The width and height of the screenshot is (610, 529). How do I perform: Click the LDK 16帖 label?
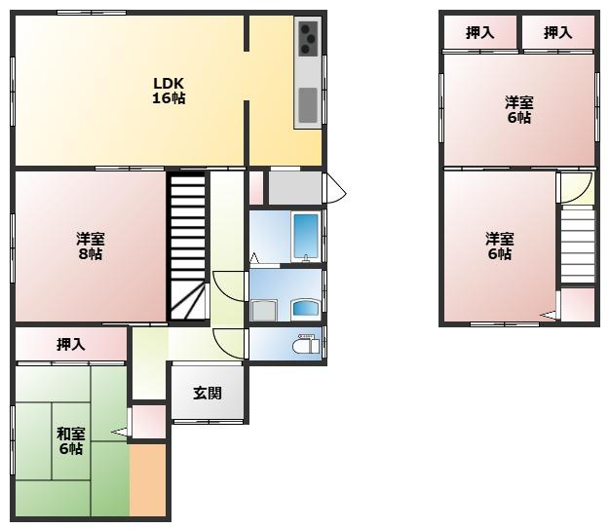point(169,91)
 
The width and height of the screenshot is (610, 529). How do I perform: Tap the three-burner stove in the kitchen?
point(308,38)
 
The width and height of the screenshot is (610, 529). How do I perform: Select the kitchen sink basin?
point(308,105)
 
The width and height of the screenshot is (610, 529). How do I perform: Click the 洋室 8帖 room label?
point(91,246)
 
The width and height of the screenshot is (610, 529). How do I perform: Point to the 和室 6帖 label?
point(71,440)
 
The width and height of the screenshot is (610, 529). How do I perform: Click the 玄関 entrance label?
point(208,394)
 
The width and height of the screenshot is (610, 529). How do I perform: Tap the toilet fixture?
point(306,344)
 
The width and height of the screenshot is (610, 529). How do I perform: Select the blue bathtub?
point(307,236)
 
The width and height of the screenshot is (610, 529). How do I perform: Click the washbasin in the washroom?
point(306,309)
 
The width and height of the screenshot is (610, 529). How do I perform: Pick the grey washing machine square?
point(264,311)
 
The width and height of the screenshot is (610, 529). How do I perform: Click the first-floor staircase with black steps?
point(187,246)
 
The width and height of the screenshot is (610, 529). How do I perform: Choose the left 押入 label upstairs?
point(480,33)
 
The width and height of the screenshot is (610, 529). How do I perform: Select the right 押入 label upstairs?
point(557,33)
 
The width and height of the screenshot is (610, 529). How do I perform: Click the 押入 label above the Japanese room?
point(71,344)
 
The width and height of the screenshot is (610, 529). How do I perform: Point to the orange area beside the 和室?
point(148,480)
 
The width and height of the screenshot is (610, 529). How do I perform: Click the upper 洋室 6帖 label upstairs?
point(519,110)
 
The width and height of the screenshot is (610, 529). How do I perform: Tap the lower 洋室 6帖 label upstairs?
point(500,246)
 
